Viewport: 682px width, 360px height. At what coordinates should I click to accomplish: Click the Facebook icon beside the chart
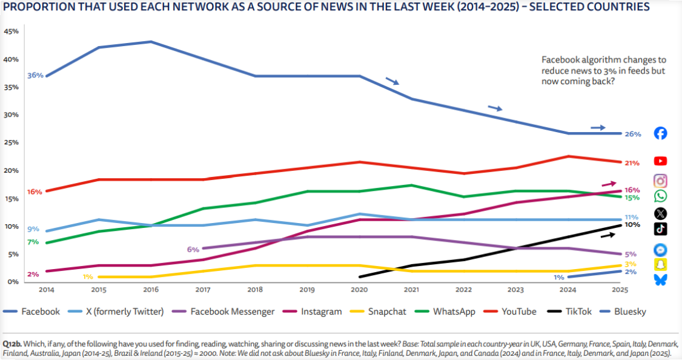(x=661, y=133)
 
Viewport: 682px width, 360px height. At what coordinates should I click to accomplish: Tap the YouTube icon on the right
(x=661, y=161)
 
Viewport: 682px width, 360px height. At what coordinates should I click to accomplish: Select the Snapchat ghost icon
(x=661, y=265)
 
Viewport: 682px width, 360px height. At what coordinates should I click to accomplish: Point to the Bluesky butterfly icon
(x=661, y=279)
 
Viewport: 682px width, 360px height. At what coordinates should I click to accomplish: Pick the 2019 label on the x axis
(x=308, y=289)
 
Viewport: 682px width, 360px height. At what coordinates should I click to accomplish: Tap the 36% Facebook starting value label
(x=35, y=76)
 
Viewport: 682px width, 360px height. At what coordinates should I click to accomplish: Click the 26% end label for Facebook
(x=632, y=134)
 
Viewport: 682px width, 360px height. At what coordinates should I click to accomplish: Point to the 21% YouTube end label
(x=632, y=162)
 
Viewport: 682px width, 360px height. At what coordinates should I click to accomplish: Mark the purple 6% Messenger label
(x=193, y=249)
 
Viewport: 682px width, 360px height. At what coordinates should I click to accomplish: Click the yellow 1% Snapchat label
(x=88, y=277)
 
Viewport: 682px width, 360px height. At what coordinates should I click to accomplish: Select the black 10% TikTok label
(x=632, y=225)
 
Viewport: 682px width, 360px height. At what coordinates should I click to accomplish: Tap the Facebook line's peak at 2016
(x=150, y=42)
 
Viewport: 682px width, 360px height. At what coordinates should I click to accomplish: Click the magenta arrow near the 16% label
(x=609, y=184)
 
